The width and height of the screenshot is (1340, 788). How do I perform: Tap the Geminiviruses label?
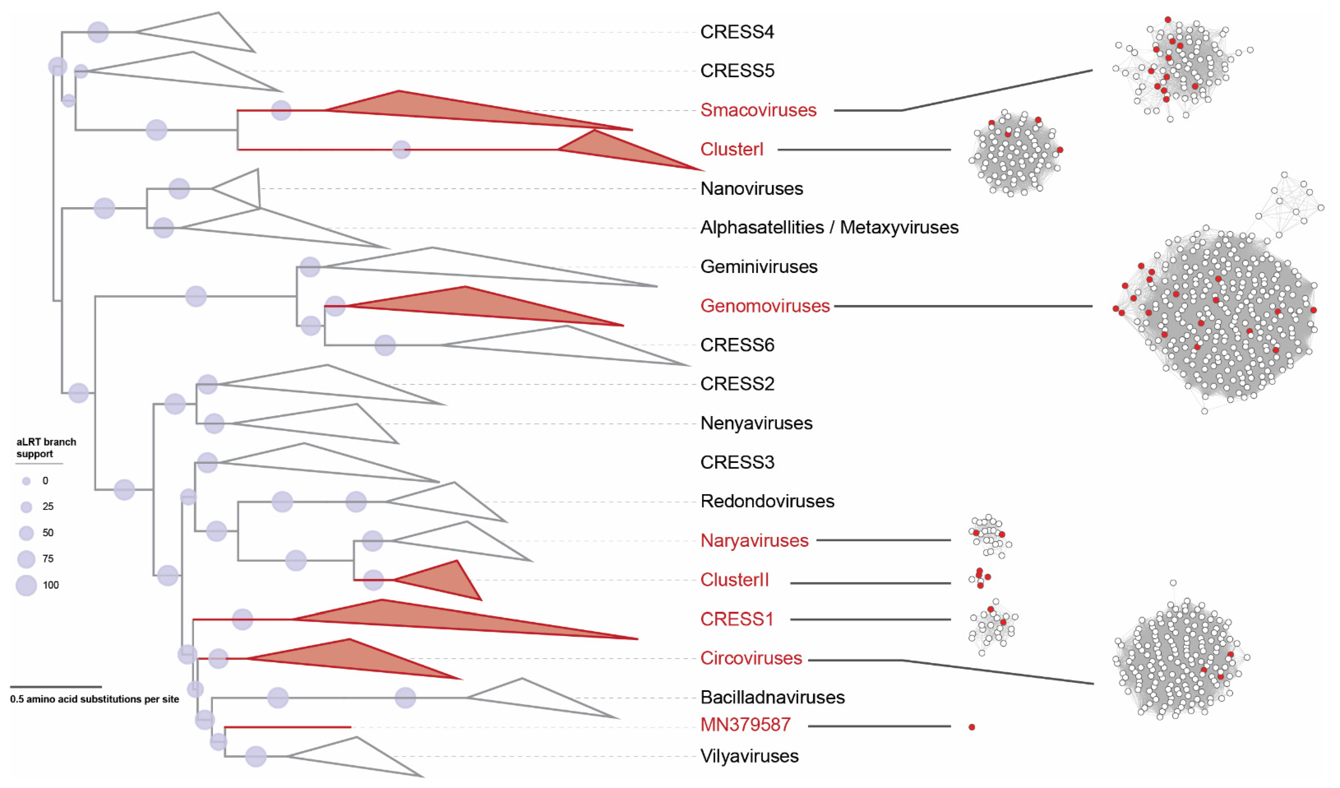click(758, 266)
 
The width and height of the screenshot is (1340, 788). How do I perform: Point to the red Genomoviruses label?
click(765, 306)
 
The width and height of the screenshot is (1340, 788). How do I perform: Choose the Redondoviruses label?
click(767, 501)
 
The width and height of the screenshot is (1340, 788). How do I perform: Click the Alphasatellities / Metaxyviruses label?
click(829, 228)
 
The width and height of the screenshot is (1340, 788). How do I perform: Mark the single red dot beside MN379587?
click(972, 727)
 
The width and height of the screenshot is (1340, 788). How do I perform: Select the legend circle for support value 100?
click(26, 585)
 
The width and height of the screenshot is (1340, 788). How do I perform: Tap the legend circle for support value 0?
click(26, 481)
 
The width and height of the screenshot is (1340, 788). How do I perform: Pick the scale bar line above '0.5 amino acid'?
click(56, 687)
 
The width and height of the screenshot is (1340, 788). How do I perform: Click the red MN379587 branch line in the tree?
click(287, 727)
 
